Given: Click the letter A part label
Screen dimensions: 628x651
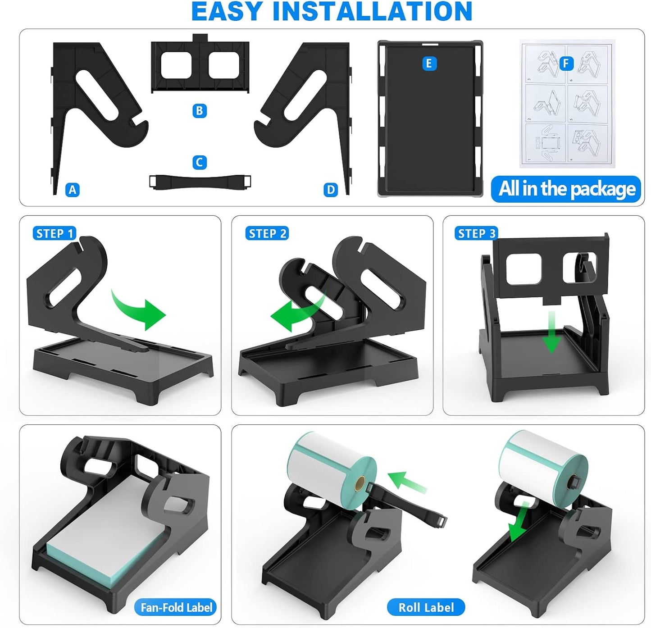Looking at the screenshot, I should click(73, 190).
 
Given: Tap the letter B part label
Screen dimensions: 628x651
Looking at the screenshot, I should click(200, 111).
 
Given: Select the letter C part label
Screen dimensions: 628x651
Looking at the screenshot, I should click(200, 162).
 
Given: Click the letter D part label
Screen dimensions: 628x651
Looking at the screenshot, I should click(331, 190).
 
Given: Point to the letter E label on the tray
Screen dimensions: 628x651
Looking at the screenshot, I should click(428, 64).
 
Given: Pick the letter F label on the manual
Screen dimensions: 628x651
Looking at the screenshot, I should click(566, 64).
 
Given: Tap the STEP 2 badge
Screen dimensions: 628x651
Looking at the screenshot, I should click(267, 233).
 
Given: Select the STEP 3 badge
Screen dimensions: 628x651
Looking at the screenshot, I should click(477, 233).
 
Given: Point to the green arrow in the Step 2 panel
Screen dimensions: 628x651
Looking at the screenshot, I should click(295, 313).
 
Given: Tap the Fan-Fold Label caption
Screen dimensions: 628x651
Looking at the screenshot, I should click(176, 608).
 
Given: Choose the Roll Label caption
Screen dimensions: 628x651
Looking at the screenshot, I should click(426, 608).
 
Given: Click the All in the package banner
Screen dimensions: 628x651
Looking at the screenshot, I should click(566, 189).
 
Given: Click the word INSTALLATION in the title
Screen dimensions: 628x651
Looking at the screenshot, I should click(372, 12).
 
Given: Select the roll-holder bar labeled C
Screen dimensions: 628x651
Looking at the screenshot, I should click(200, 181).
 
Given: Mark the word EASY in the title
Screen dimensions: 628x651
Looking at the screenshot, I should click(227, 12).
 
